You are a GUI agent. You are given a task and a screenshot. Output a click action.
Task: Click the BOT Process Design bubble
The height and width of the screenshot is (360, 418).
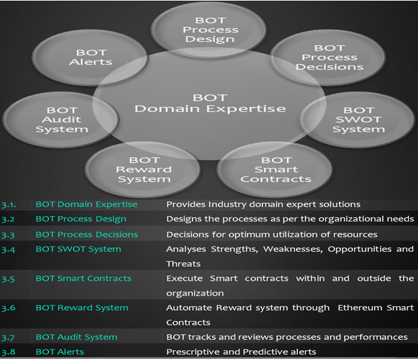209,30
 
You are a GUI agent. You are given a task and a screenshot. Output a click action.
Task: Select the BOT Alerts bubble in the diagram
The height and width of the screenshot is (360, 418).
90,57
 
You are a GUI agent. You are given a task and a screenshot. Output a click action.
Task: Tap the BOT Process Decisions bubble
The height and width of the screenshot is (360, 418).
328,57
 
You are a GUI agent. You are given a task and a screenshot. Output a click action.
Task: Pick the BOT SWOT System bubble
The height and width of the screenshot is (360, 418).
358,119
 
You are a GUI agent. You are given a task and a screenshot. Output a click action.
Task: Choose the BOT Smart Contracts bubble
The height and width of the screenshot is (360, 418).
275,170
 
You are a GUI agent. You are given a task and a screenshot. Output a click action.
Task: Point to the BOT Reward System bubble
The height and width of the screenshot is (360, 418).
143,170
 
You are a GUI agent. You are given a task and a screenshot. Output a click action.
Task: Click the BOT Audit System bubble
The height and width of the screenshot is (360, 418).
60,119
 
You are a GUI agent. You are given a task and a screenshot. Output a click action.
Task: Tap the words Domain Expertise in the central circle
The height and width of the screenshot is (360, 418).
210,109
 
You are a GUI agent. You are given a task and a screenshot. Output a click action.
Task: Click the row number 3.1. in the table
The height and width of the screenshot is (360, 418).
9,205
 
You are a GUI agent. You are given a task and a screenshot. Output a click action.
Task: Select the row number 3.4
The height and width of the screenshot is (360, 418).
8,249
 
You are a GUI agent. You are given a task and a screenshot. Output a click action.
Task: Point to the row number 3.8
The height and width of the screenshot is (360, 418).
8,352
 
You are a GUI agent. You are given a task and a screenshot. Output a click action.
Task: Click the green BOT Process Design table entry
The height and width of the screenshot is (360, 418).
81,219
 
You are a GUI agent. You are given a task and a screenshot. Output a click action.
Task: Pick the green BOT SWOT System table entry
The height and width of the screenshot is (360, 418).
78,249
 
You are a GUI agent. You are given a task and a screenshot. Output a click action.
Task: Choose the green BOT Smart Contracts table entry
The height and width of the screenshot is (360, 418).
84,278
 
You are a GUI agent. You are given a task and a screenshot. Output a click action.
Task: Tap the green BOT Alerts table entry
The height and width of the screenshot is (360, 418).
60,352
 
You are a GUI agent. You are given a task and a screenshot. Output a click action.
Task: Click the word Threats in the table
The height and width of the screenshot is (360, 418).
183,264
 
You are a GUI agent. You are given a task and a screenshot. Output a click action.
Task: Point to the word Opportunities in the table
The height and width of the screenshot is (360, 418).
360,249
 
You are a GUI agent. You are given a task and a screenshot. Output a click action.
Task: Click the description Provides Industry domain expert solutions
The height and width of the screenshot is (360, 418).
263,204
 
